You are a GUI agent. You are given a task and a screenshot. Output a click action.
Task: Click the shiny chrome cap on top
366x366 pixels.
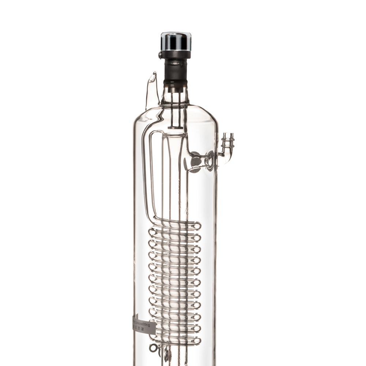tap(176, 41)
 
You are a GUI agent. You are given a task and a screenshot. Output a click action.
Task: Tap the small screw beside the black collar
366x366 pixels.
tap(160, 55)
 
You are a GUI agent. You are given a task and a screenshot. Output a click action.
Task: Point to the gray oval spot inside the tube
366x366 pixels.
tap(195, 161)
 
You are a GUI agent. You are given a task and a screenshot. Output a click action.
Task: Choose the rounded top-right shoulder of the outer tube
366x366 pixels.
tap(210, 113)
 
